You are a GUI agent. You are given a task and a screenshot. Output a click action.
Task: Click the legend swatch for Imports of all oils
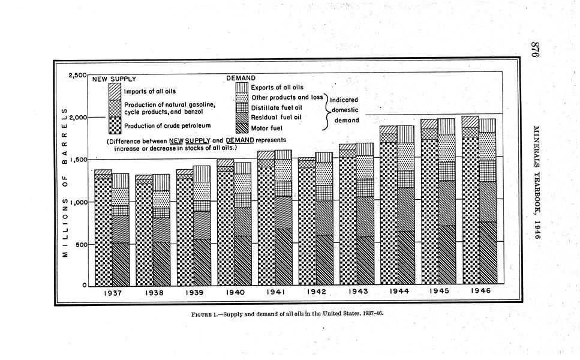click(115, 91)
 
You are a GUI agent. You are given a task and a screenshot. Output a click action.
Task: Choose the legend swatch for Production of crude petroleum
click(115, 125)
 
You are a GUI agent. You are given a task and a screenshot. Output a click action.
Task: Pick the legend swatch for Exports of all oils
click(242, 88)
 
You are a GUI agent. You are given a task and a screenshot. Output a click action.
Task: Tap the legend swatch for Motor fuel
click(242, 127)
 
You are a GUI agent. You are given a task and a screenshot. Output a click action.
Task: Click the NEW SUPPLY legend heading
click(114, 79)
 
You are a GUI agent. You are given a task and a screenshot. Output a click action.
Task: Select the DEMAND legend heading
click(241, 78)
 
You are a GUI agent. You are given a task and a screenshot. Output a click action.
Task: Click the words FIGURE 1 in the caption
click(201, 314)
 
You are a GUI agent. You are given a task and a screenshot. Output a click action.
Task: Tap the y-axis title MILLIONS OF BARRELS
click(65, 182)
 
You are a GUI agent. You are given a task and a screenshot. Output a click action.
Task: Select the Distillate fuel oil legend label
click(275, 107)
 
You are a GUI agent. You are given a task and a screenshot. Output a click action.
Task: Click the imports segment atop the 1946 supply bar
click(470, 121)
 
